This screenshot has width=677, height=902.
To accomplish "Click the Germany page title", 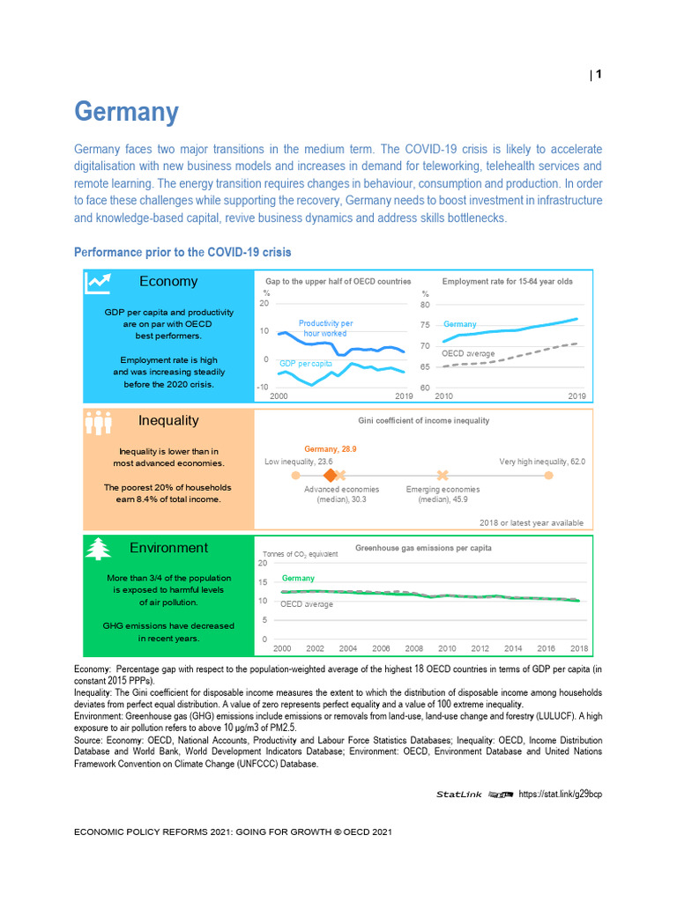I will pyautogui.click(x=126, y=112).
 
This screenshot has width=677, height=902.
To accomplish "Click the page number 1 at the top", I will pyautogui.click(x=599, y=75).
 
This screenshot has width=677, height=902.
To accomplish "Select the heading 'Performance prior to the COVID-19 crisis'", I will pyautogui.click(x=182, y=252).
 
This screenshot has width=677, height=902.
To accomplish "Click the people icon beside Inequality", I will pyautogui.click(x=97, y=422).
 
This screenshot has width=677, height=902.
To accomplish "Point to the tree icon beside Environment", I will pyautogui.click(x=97, y=549).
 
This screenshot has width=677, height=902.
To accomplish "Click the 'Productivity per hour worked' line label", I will pyautogui.click(x=325, y=329).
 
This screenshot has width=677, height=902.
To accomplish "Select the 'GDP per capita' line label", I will pyautogui.click(x=305, y=363).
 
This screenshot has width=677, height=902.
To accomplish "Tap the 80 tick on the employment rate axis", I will pyautogui.click(x=425, y=305).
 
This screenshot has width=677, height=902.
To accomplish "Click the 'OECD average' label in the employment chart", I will pyautogui.click(x=468, y=353).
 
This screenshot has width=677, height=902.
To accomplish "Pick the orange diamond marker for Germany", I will pyautogui.click(x=331, y=476).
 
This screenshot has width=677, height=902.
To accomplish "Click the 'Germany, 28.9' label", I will pyautogui.click(x=330, y=448).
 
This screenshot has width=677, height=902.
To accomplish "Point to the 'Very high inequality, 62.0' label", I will pyautogui.click(x=542, y=461).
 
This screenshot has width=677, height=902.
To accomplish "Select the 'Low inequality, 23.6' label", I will pyautogui.click(x=299, y=461).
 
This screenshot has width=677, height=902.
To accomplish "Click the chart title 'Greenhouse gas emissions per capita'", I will pyautogui.click(x=423, y=548).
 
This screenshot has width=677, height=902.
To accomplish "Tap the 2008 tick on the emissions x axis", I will pyautogui.click(x=413, y=648).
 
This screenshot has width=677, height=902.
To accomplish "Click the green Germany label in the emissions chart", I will pyautogui.click(x=298, y=578).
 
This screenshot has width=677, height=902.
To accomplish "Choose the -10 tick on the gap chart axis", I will pyautogui.click(x=262, y=387).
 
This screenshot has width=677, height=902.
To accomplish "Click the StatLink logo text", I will pyautogui.click(x=459, y=794).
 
